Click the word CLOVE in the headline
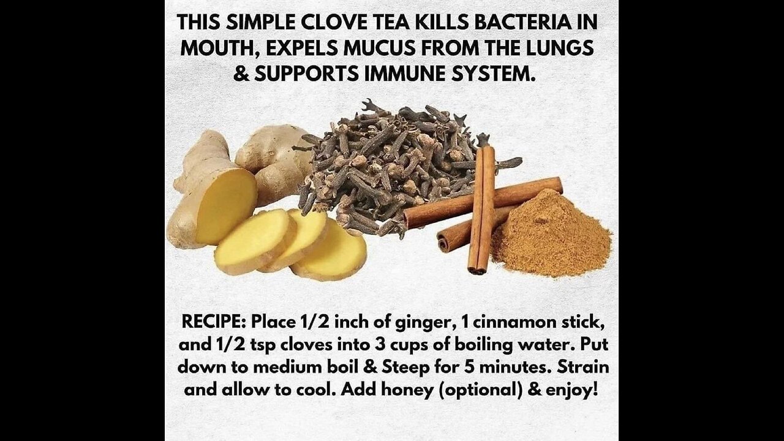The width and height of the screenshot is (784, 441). pos(334,23)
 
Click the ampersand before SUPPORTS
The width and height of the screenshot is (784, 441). pos(241,73)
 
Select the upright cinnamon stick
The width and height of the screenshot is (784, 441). pos(482,209)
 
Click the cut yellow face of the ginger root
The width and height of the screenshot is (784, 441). pos(226,206)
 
